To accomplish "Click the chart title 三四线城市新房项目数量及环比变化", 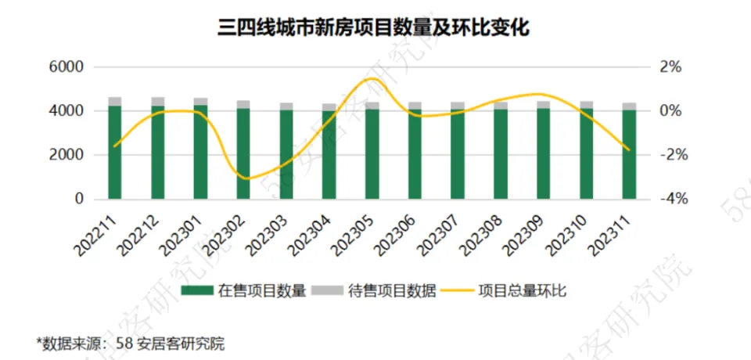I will coord(375,28).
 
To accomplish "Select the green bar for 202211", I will coord(115,153).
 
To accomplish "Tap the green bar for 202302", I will coord(243,154).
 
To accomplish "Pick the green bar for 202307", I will coord(458,154).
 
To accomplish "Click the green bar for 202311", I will coord(629,155).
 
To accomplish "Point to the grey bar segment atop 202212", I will coord(158,101).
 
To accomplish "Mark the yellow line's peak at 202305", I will coord(372,78).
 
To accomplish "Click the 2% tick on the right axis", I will coord(670,67).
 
